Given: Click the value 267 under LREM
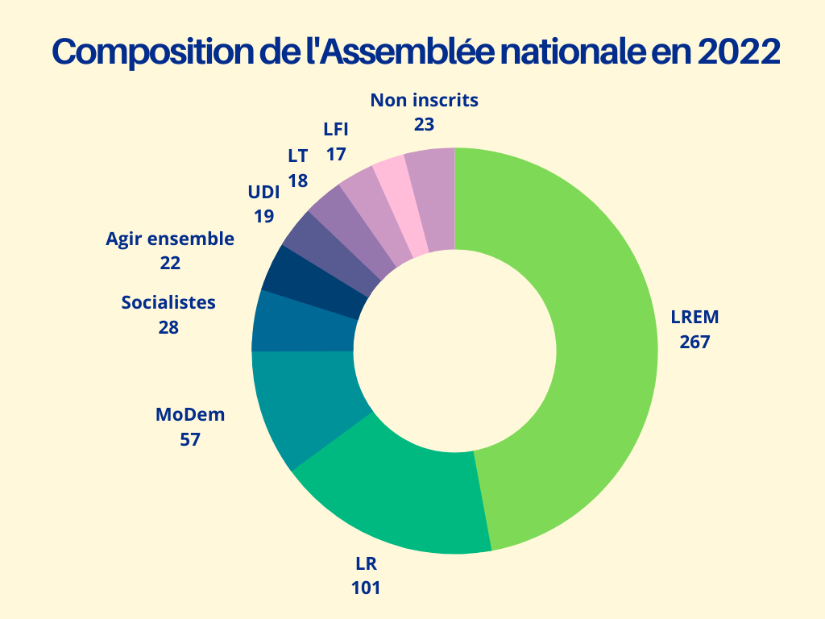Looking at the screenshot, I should click(694, 341).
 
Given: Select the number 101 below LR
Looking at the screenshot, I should click(365, 587).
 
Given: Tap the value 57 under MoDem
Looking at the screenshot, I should click(190, 439).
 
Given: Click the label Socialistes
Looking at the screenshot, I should click(168, 303).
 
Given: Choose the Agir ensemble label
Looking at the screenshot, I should click(170, 239).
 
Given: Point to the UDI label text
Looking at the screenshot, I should click(263, 193).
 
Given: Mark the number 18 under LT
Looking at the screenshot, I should click(298, 180).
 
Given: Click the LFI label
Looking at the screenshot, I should click(336, 129).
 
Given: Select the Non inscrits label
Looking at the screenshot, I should click(425, 100).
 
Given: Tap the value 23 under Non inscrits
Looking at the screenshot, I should click(425, 124).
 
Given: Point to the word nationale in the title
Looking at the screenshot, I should click(570, 52).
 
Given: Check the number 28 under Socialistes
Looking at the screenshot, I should click(168, 327).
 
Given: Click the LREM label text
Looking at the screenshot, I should click(694, 317).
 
